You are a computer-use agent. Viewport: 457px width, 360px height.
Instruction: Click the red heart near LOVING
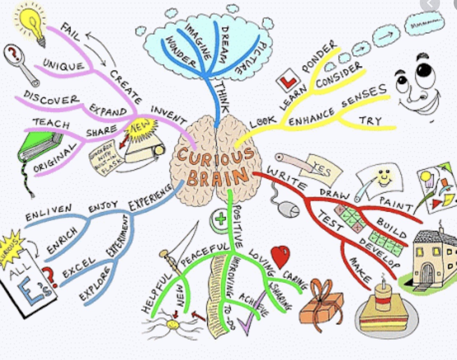(280, 256)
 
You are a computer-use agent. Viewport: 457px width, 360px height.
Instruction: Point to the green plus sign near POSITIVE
(220, 219)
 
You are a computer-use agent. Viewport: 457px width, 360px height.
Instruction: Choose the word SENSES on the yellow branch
(364, 96)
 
